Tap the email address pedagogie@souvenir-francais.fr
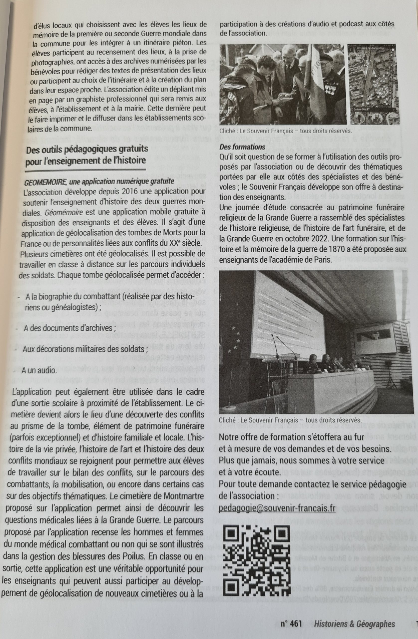point(277,508)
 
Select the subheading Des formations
point(242,147)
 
